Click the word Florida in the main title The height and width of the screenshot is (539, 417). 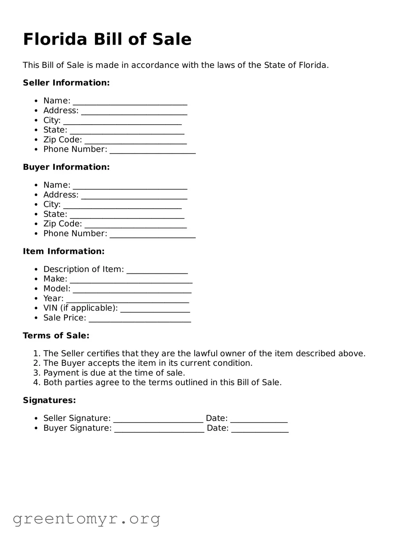(x=55, y=39)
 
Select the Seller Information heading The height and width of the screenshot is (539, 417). (x=66, y=83)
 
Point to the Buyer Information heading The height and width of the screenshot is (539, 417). (x=66, y=167)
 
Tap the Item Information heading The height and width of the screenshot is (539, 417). (x=63, y=251)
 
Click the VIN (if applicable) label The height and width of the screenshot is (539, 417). (x=80, y=308)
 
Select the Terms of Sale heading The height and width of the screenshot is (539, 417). (x=56, y=336)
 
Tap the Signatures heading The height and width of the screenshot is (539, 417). (x=49, y=400)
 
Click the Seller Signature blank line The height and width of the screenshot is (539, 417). (x=158, y=420)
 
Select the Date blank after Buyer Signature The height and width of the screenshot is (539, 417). (x=260, y=429)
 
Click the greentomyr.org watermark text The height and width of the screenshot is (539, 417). (x=86, y=519)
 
